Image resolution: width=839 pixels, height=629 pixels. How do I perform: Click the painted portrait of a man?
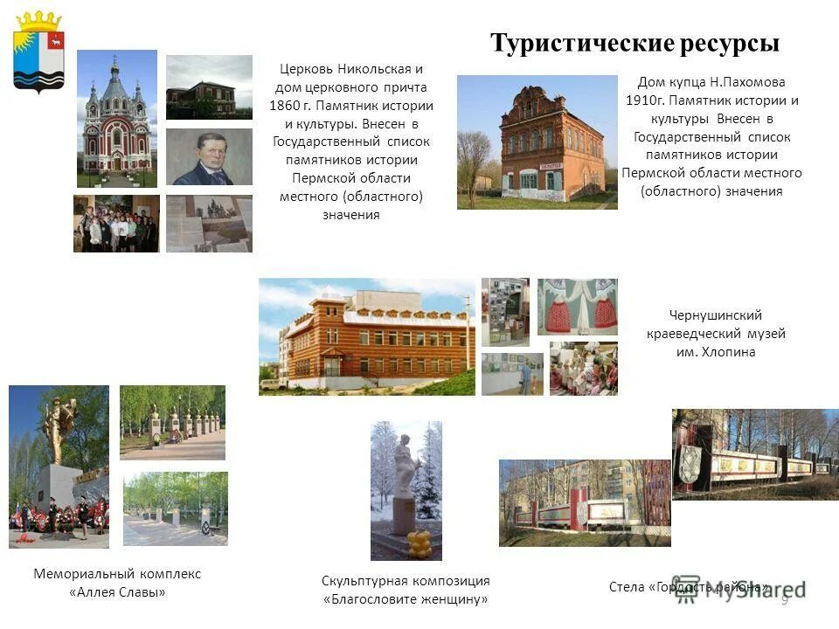tap(209, 157)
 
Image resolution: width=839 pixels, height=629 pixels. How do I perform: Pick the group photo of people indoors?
tap(116, 224)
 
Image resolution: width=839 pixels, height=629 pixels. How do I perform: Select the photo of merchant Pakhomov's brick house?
tap(537, 142)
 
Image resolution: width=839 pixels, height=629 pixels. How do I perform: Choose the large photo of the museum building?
tap(367, 336)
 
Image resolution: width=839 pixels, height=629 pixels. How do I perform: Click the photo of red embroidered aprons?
tap(577, 307)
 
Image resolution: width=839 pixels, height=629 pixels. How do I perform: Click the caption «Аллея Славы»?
tap(117, 592)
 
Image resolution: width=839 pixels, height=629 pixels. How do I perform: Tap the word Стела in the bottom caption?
tap(628, 587)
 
